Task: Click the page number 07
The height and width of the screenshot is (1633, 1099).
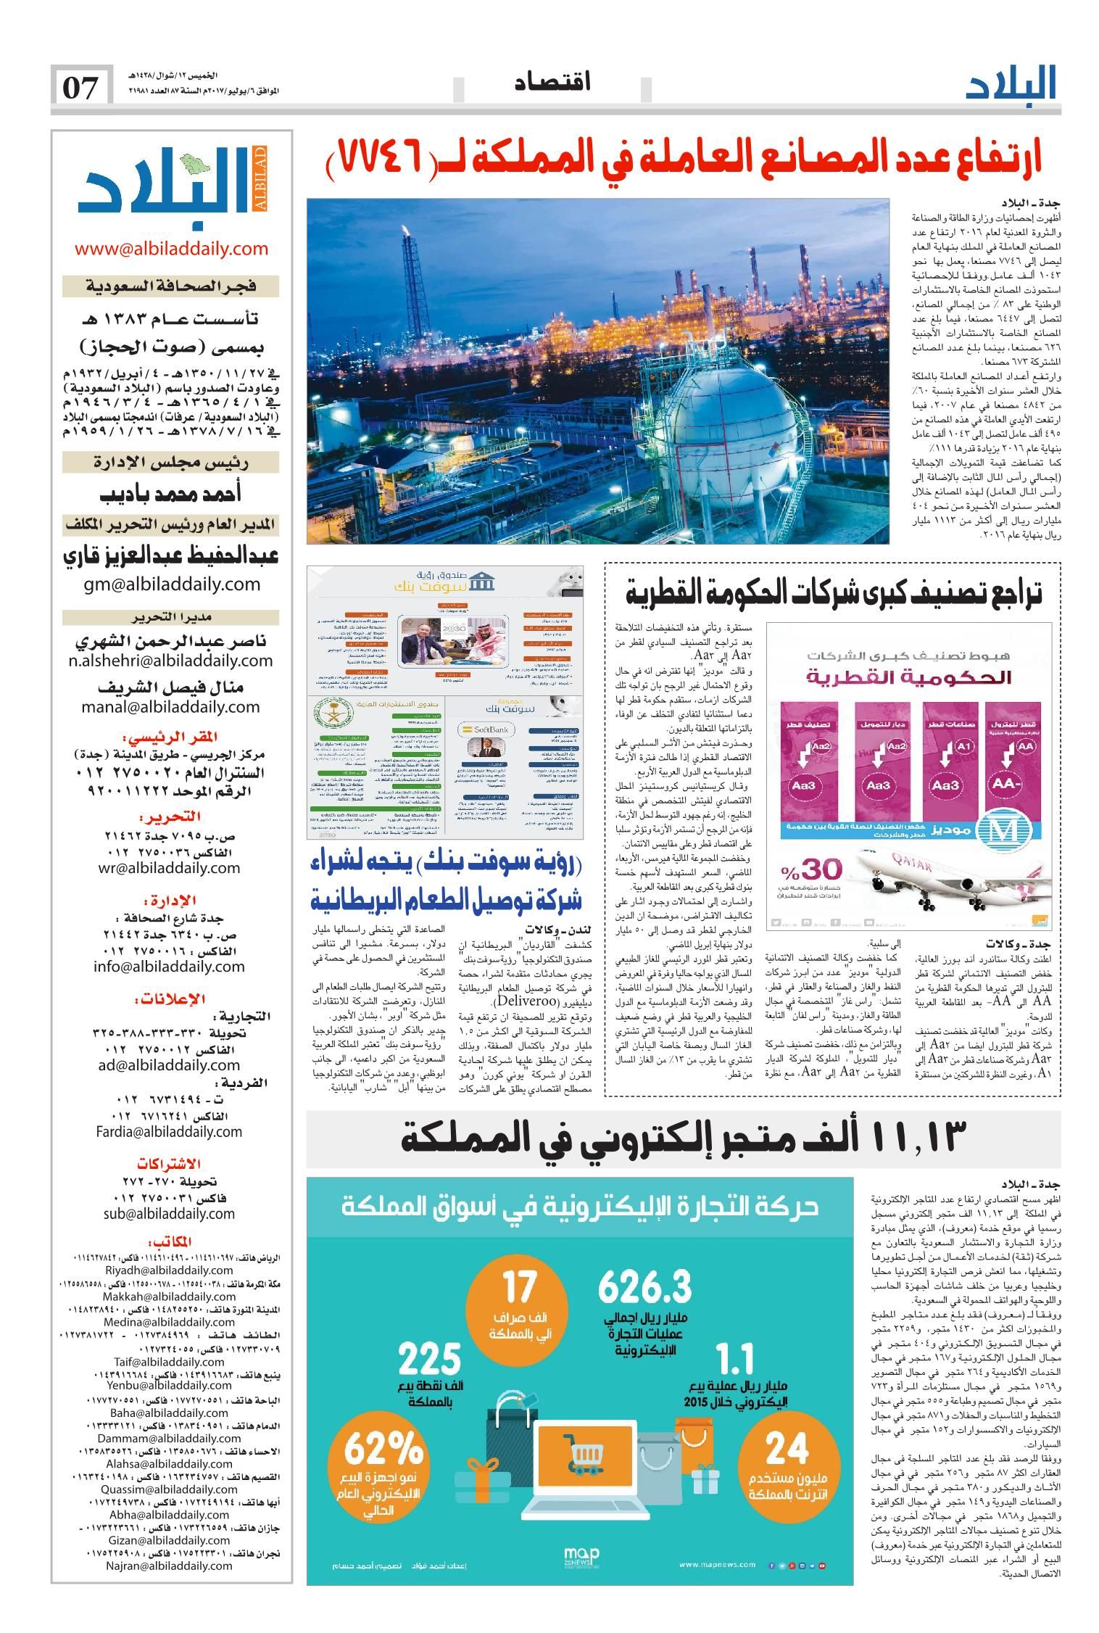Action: click(82, 88)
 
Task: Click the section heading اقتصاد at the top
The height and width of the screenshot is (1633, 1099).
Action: click(552, 83)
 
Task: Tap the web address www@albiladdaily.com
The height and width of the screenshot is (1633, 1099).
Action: click(171, 249)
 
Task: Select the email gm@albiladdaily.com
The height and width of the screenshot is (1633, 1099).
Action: click(170, 584)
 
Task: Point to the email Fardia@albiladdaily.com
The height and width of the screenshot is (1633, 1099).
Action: click(167, 1130)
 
